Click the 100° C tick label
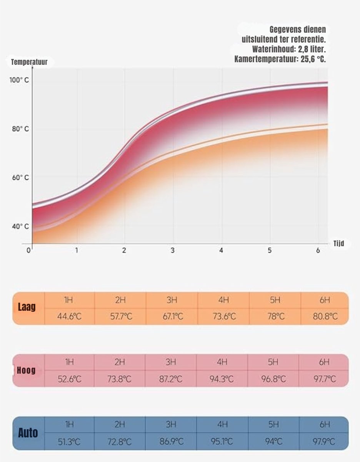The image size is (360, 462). point(19,80)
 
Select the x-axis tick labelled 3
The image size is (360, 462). point(173,250)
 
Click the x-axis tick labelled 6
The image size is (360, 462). point(318,250)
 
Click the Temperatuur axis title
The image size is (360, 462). point(29,62)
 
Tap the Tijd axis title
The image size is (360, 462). point(338,244)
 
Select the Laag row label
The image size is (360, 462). point(27,308)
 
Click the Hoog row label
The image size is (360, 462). point(26,370)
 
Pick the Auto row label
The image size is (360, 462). point(28,433)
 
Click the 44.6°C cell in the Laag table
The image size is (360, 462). point(69,317)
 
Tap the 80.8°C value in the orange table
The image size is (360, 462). point(325,317)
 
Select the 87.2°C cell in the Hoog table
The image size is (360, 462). point(171,379)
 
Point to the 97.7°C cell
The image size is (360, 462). point(324,379)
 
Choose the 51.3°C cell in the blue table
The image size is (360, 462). point(69,442)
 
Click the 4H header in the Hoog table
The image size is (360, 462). point(222,362)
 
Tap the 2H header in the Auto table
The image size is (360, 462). point(120,425)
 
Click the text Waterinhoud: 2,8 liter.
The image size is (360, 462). point(289,50)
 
